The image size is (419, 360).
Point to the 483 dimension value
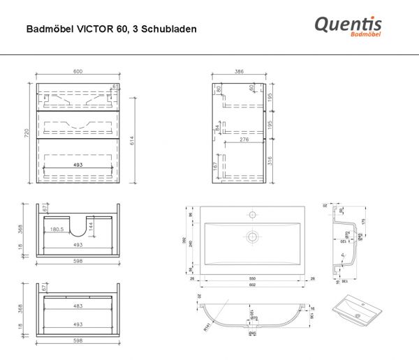coord(78,306)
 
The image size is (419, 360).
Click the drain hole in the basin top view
coord(253,238)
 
